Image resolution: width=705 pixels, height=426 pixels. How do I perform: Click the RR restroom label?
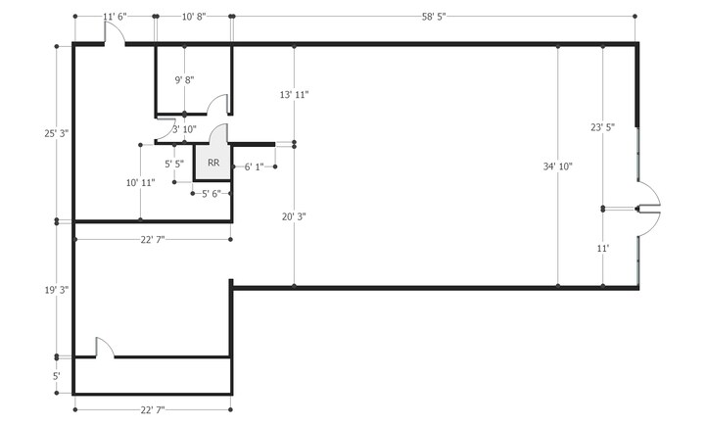pyautogui.click(x=212, y=163)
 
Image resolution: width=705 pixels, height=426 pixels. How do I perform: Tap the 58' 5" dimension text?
pyautogui.click(x=434, y=17)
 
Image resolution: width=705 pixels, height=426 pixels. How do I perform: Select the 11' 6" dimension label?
pyautogui.click(x=116, y=17)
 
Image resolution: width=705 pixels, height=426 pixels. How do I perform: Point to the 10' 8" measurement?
pyautogui.click(x=194, y=17)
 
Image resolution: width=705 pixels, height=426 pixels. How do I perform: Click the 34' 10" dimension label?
pyautogui.click(x=558, y=166)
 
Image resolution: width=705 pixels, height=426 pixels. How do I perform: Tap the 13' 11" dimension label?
pyautogui.click(x=294, y=95)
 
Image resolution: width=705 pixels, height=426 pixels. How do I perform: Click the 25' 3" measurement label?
pyautogui.click(x=57, y=132)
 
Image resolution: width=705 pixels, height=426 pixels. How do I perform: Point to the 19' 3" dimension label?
pyautogui.click(x=57, y=290)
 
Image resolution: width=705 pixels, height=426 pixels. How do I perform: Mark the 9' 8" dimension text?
pyautogui.click(x=184, y=79)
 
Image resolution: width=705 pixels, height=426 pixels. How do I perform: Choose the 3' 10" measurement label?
pyautogui.click(x=184, y=129)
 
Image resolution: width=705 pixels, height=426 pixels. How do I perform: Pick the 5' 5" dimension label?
pyautogui.click(x=174, y=164)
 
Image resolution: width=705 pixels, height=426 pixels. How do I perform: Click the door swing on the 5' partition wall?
pyautogui.click(x=106, y=348)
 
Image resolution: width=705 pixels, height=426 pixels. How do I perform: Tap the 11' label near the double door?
pyautogui.click(x=602, y=249)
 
